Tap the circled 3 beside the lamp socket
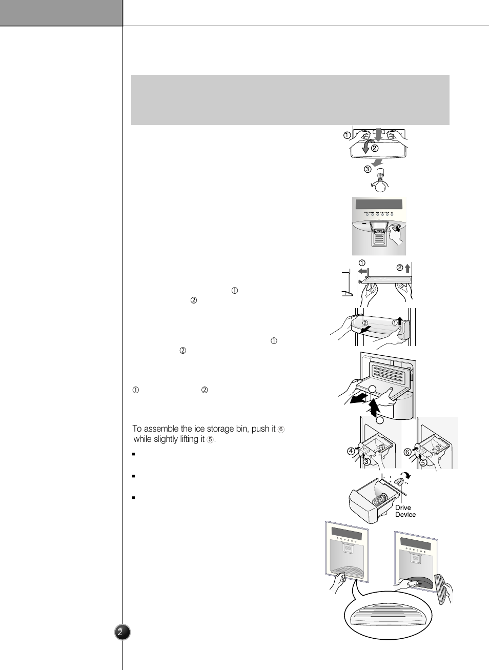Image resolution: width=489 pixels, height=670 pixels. tap(368, 169)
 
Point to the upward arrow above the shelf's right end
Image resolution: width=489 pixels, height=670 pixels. tap(407, 268)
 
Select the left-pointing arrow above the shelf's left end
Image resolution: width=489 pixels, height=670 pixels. tap(363, 271)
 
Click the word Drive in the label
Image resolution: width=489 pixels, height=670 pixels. tap(403, 507)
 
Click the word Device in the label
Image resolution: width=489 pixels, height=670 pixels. tap(405, 515)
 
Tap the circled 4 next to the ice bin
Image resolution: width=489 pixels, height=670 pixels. tap(351, 451)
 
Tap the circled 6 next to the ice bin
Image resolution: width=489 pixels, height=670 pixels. tap(407, 452)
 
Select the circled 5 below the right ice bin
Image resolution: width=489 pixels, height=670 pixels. tap(423, 462)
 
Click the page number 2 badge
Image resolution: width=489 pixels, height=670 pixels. tap(122, 632)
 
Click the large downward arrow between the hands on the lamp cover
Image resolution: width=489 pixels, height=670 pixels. tap(378, 134)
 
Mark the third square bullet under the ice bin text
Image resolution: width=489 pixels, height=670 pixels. tap(133, 497)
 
